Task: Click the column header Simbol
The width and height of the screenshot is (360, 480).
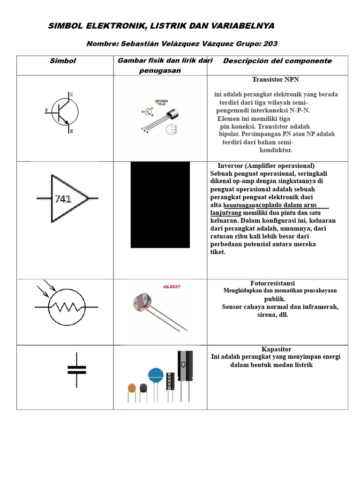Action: [63, 61]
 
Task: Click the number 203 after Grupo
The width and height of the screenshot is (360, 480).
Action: [270, 44]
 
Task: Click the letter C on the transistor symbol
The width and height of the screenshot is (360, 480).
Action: [71, 95]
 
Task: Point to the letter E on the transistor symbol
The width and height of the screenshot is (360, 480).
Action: [71, 132]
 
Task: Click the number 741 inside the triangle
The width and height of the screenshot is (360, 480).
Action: [63, 199]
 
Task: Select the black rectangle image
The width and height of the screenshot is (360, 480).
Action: [160, 204]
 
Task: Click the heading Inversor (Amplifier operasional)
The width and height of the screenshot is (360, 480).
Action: [266, 166]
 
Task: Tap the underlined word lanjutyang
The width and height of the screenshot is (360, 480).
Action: [225, 212]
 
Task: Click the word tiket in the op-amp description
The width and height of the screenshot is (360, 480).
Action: [218, 252]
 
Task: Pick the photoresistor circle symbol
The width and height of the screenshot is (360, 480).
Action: [67, 307]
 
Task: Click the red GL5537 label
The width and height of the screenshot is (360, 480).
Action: [172, 286]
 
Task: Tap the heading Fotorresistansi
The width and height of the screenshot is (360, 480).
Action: [272, 284]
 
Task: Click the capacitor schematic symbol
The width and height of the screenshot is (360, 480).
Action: [76, 370]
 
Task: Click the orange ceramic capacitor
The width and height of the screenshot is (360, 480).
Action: [132, 389]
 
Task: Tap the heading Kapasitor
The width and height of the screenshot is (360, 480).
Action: [276, 349]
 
